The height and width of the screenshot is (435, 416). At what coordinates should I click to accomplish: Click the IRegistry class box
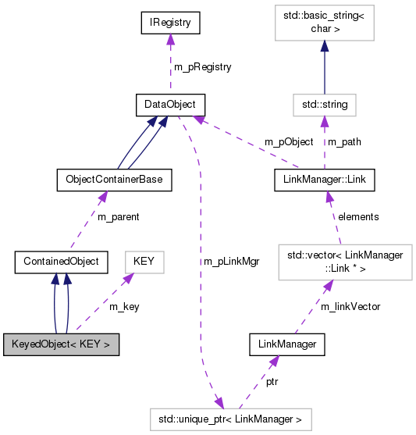170,23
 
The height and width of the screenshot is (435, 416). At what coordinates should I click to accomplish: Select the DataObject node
169,104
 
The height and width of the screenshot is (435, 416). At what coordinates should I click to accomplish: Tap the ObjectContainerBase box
114,180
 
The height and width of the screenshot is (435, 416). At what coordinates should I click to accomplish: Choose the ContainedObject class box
61,261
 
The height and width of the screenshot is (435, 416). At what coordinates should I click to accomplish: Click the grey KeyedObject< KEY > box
61,344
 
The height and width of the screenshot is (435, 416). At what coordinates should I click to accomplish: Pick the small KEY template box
144,261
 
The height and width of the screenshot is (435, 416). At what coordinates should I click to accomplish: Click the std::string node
325,104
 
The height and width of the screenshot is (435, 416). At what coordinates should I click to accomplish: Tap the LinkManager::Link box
325,180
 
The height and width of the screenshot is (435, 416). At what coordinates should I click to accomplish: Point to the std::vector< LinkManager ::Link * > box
344,262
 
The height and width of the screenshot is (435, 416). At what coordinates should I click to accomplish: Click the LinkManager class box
286,344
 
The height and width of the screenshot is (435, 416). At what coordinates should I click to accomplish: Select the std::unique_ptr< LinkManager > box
230,419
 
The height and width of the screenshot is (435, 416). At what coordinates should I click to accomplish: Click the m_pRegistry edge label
202,67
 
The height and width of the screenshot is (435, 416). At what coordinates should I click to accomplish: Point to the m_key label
124,306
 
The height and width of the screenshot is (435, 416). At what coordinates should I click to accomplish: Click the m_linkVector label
350,306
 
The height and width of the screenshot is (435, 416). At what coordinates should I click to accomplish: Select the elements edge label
357,216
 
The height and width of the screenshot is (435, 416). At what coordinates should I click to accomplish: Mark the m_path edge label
343,142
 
